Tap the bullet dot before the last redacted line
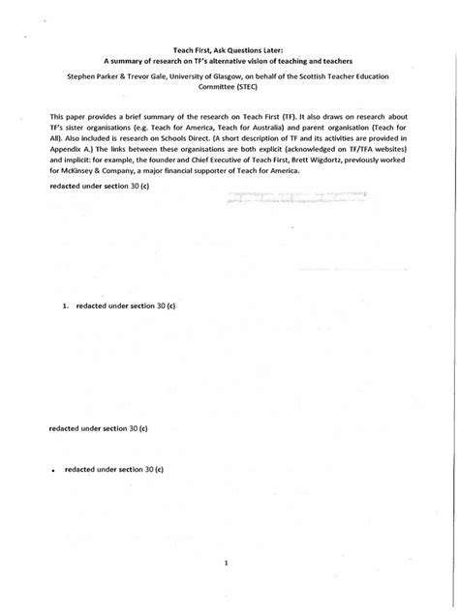pyautogui.click(x=51, y=470)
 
